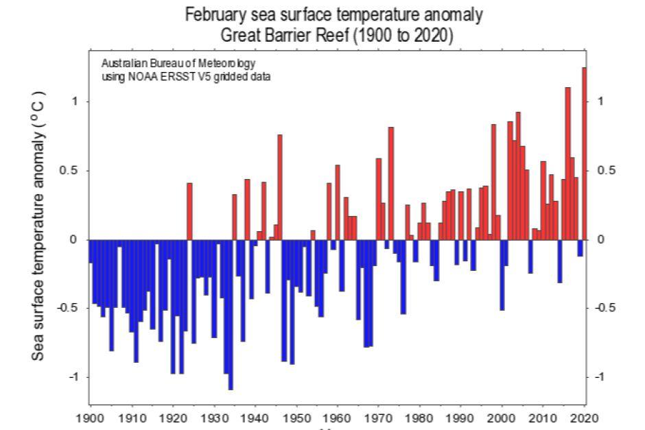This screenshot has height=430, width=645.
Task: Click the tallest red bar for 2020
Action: [x=584, y=154]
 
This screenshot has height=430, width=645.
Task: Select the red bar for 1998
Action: [x=493, y=182]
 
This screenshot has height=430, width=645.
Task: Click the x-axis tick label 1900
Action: [x=91, y=418]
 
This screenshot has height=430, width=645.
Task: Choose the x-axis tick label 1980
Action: [x=420, y=418]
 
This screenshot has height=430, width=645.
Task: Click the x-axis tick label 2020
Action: [x=585, y=418]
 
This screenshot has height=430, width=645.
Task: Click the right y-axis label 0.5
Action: [x=604, y=171]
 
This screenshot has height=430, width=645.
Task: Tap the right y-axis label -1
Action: [x=602, y=377]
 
